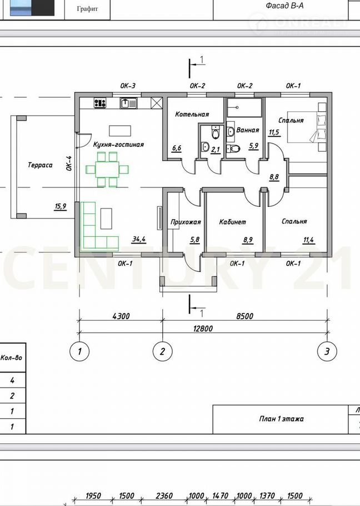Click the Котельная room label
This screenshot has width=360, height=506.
click(192, 114)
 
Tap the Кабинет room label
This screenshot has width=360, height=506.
click(232, 222)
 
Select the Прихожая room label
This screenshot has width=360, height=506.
click(186, 222)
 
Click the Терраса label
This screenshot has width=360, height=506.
click(40, 165)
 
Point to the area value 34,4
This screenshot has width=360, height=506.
click(139, 239)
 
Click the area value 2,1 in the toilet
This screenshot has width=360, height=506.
click(216, 149)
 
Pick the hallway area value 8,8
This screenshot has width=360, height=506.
click(274, 177)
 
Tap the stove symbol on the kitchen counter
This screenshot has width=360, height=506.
click(100, 103)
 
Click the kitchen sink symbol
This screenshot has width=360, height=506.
click(128, 103)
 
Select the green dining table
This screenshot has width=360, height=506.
click(107, 170)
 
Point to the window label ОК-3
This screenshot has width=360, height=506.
click(128, 86)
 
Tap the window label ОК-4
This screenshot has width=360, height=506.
click(69, 163)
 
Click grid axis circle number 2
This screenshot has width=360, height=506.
click(162, 351)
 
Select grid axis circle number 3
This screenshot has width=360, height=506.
click(327, 351)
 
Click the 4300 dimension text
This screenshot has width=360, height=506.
click(121, 316)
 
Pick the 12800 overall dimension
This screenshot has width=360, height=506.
click(203, 329)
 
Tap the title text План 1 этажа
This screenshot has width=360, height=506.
click(281, 419)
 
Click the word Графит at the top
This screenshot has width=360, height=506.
click(87, 9)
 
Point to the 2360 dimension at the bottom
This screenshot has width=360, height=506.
click(164, 495)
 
